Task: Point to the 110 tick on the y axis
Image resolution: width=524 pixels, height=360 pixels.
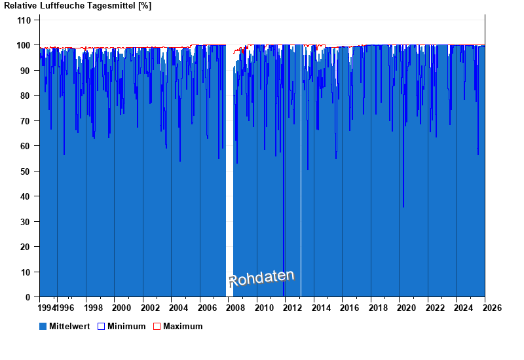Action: (24, 20)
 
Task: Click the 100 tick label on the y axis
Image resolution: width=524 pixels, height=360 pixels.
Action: (24, 45)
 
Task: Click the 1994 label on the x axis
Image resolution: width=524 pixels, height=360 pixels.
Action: (48, 308)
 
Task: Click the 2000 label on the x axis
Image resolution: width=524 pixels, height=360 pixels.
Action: (122, 308)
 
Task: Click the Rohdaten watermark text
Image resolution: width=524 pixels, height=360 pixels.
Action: (261, 278)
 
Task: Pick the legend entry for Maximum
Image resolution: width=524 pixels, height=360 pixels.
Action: (183, 326)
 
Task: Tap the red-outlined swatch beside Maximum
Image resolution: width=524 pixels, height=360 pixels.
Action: (157, 326)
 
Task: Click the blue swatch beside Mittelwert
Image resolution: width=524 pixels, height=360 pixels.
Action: (43, 326)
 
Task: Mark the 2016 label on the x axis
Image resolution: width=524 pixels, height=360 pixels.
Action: (349, 308)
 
